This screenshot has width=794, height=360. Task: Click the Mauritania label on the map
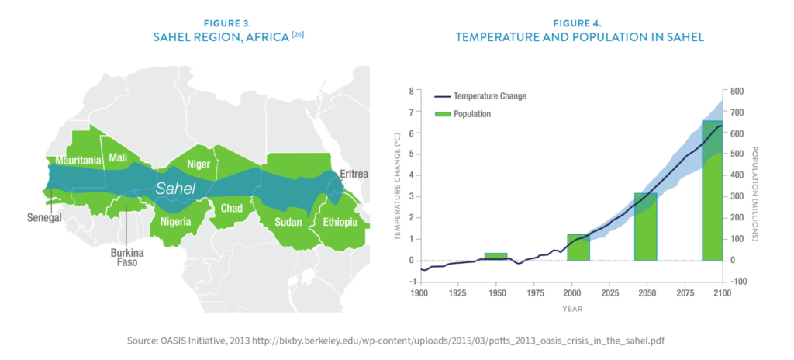pyautogui.click(x=78, y=160)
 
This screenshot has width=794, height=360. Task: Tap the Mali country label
pyautogui.click(x=119, y=157)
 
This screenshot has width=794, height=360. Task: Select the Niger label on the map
pyautogui.click(x=198, y=164)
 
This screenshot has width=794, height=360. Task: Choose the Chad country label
pyautogui.click(x=232, y=208)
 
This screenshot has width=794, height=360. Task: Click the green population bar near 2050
pyautogui.click(x=646, y=227)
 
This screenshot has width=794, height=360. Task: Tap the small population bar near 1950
pyautogui.click(x=496, y=257)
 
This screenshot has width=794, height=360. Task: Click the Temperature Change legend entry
pyautogui.click(x=489, y=96)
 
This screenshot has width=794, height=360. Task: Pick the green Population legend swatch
pyautogui.click(x=442, y=113)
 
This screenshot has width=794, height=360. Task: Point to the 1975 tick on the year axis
pyautogui.click(x=533, y=295)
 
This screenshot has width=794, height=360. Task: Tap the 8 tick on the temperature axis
pyautogui.click(x=411, y=92)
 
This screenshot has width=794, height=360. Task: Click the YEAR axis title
pyautogui.click(x=570, y=308)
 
